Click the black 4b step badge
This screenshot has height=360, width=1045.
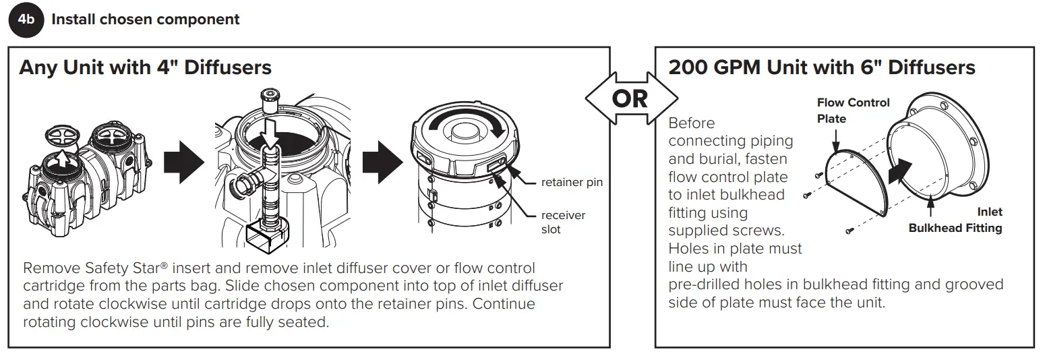point(25,20)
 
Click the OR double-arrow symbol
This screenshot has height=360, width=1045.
point(630,99)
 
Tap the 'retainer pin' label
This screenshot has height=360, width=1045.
point(572,182)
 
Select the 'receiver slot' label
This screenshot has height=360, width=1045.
point(563,222)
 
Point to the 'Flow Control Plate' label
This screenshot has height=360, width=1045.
point(853,111)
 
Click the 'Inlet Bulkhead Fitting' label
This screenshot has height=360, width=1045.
point(955,220)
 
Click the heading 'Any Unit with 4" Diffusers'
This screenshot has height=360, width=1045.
point(145,67)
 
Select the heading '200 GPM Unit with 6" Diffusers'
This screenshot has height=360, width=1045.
point(821,67)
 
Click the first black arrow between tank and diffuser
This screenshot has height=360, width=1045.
point(183,162)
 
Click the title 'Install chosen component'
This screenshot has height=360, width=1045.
point(145,20)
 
